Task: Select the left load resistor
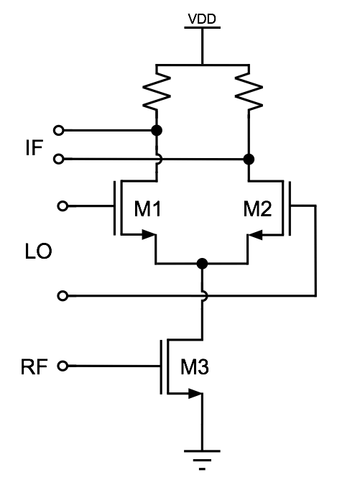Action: (156, 88)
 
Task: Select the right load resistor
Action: (249, 88)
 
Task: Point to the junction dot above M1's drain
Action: (156, 131)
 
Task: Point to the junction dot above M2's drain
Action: (249, 158)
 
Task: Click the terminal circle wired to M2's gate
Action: (63, 295)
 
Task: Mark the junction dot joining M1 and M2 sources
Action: (203, 263)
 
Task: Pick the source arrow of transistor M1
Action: (148, 234)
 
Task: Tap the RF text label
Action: (34, 367)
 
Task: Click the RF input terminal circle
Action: (63, 366)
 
